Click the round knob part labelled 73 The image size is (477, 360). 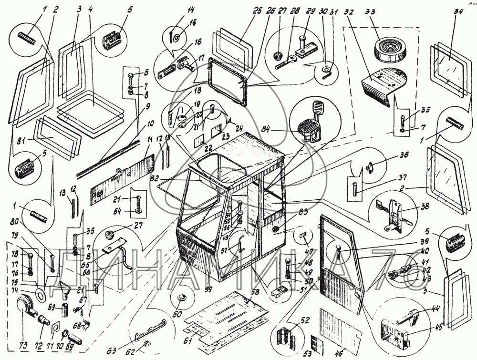(x=25, y=304)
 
